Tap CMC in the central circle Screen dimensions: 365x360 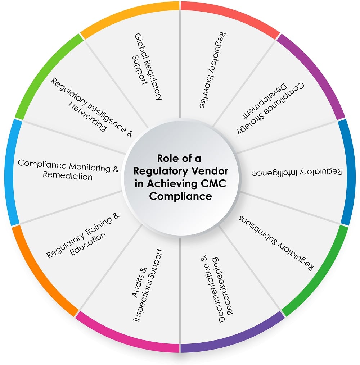click(215, 183)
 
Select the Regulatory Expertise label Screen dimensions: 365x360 click(212, 70)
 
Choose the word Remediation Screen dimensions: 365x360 click(68, 177)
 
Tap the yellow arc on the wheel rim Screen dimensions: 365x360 click(130, 14)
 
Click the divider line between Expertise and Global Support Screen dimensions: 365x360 click(180, 61)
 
